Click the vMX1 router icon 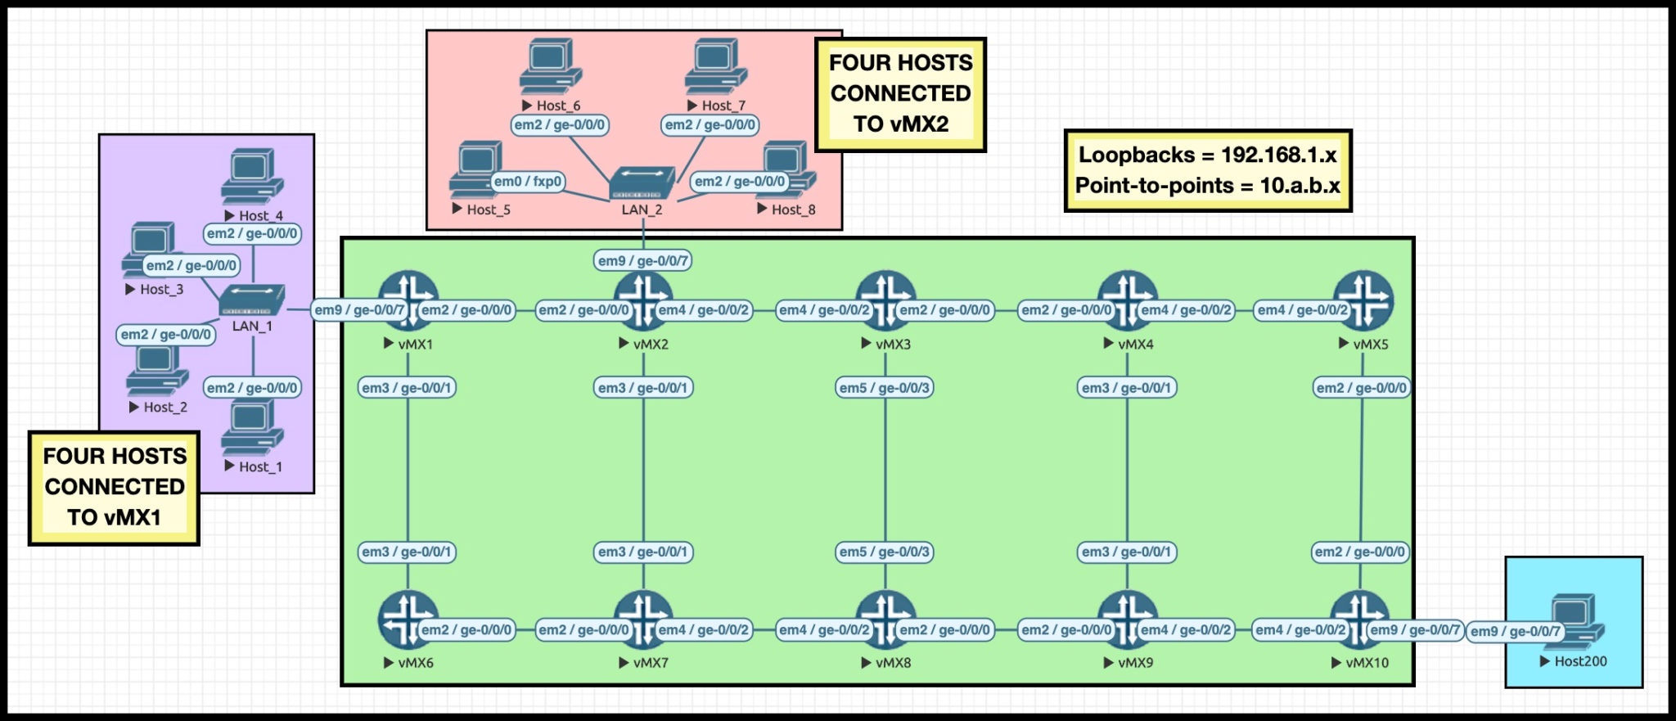tap(408, 300)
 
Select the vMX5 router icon tap(1363, 300)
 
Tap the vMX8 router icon tap(885, 620)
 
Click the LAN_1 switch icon tap(252, 300)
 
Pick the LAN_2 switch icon tap(642, 184)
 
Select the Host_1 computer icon tap(252, 428)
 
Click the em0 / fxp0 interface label tap(527, 182)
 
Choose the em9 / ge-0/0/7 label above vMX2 tap(642, 261)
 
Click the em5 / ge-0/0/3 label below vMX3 tap(885, 388)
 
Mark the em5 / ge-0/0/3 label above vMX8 tap(885, 552)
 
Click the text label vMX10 tap(1367, 663)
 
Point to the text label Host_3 tap(161, 290)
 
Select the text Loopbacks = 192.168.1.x tap(1207, 155)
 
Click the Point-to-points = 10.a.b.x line tap(1207, 186)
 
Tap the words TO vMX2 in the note tap(900, 124)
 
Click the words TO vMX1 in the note tap(114, 517)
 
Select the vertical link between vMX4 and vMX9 tap(1127, 471)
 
